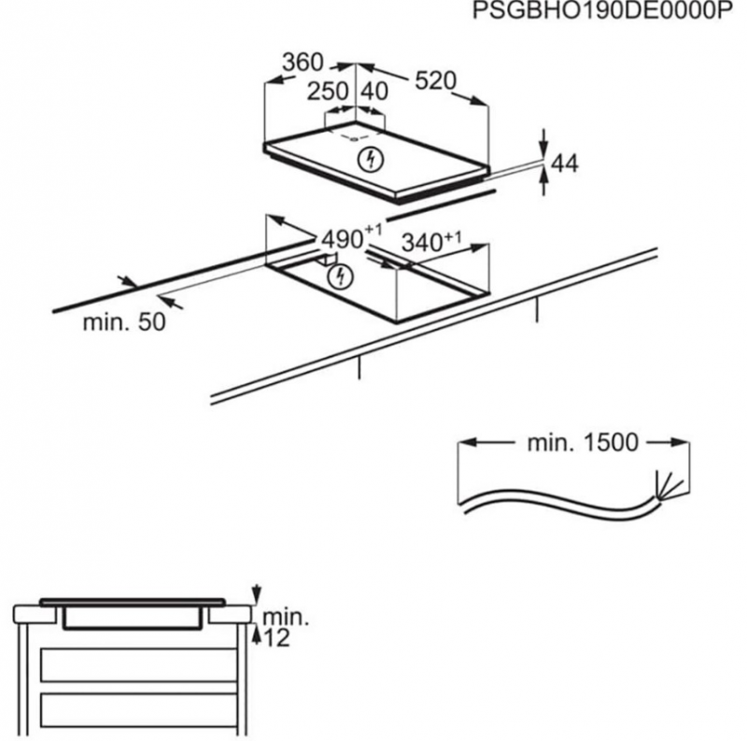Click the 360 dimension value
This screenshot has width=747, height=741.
(x=303, y=63)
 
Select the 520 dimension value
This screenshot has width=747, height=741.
(x=434, y=81)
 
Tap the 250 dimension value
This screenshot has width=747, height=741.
(x=328, y=92)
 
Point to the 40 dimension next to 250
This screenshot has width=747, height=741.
(x=374, y=92)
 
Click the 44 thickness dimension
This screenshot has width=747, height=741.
(x=564, y=164)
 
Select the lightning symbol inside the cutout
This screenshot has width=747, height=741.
(x=343, y=277)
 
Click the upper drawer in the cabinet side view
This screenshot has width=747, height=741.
(x=137, y=664)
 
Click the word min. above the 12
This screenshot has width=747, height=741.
(x=284, y=618)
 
